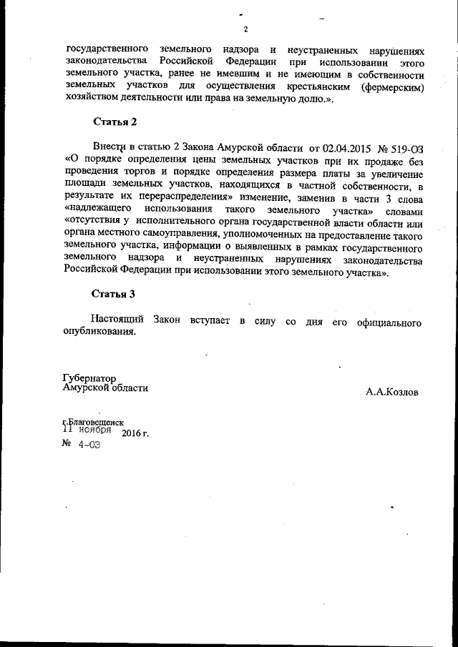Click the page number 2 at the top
[x=245, y=29]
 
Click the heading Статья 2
[x=114, y=122]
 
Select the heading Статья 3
[x=114, y=294]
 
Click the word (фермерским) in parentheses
[x=394, y=87]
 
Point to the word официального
[x=390, y=320]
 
